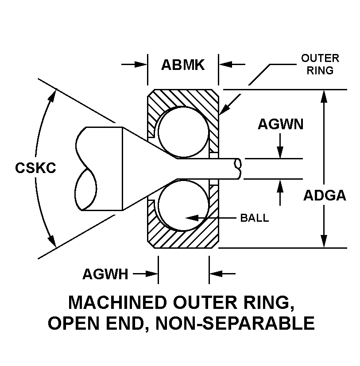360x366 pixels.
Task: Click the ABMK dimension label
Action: pos(182,65)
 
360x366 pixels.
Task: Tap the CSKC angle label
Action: pos(35,168)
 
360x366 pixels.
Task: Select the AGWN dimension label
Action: pos(280,124)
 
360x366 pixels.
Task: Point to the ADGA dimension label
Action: pos(325,195)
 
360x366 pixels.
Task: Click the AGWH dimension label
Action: pos(105,274)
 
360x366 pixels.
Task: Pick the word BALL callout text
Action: pos(254,218)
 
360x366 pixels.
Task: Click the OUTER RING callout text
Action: pos(320,64)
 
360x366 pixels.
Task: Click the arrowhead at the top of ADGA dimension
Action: pos(325,96)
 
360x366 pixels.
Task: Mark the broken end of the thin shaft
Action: pos(239,168)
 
